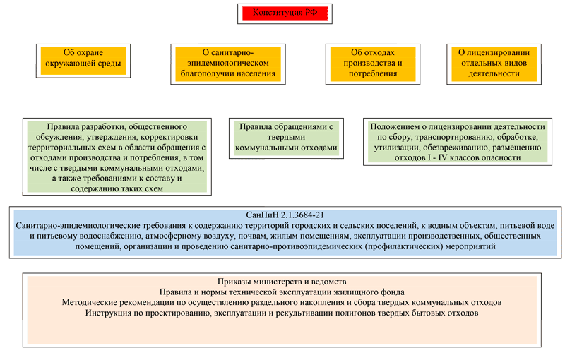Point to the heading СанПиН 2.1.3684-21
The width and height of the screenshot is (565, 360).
(282, 214)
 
